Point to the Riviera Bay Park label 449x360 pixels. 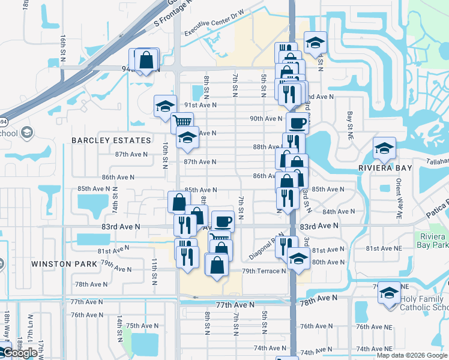[x=433, y=240]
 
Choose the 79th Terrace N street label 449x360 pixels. [x=264, y=271]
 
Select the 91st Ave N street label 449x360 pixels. [x=200, y=104]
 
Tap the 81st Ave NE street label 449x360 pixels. [x=384, y=248]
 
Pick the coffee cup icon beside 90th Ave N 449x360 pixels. [x=297, y=123]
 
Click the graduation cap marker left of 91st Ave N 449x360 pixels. [x=166, y=106]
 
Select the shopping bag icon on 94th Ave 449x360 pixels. [x=146, y=59]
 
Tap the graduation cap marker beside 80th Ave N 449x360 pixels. [x=297, y=259]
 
